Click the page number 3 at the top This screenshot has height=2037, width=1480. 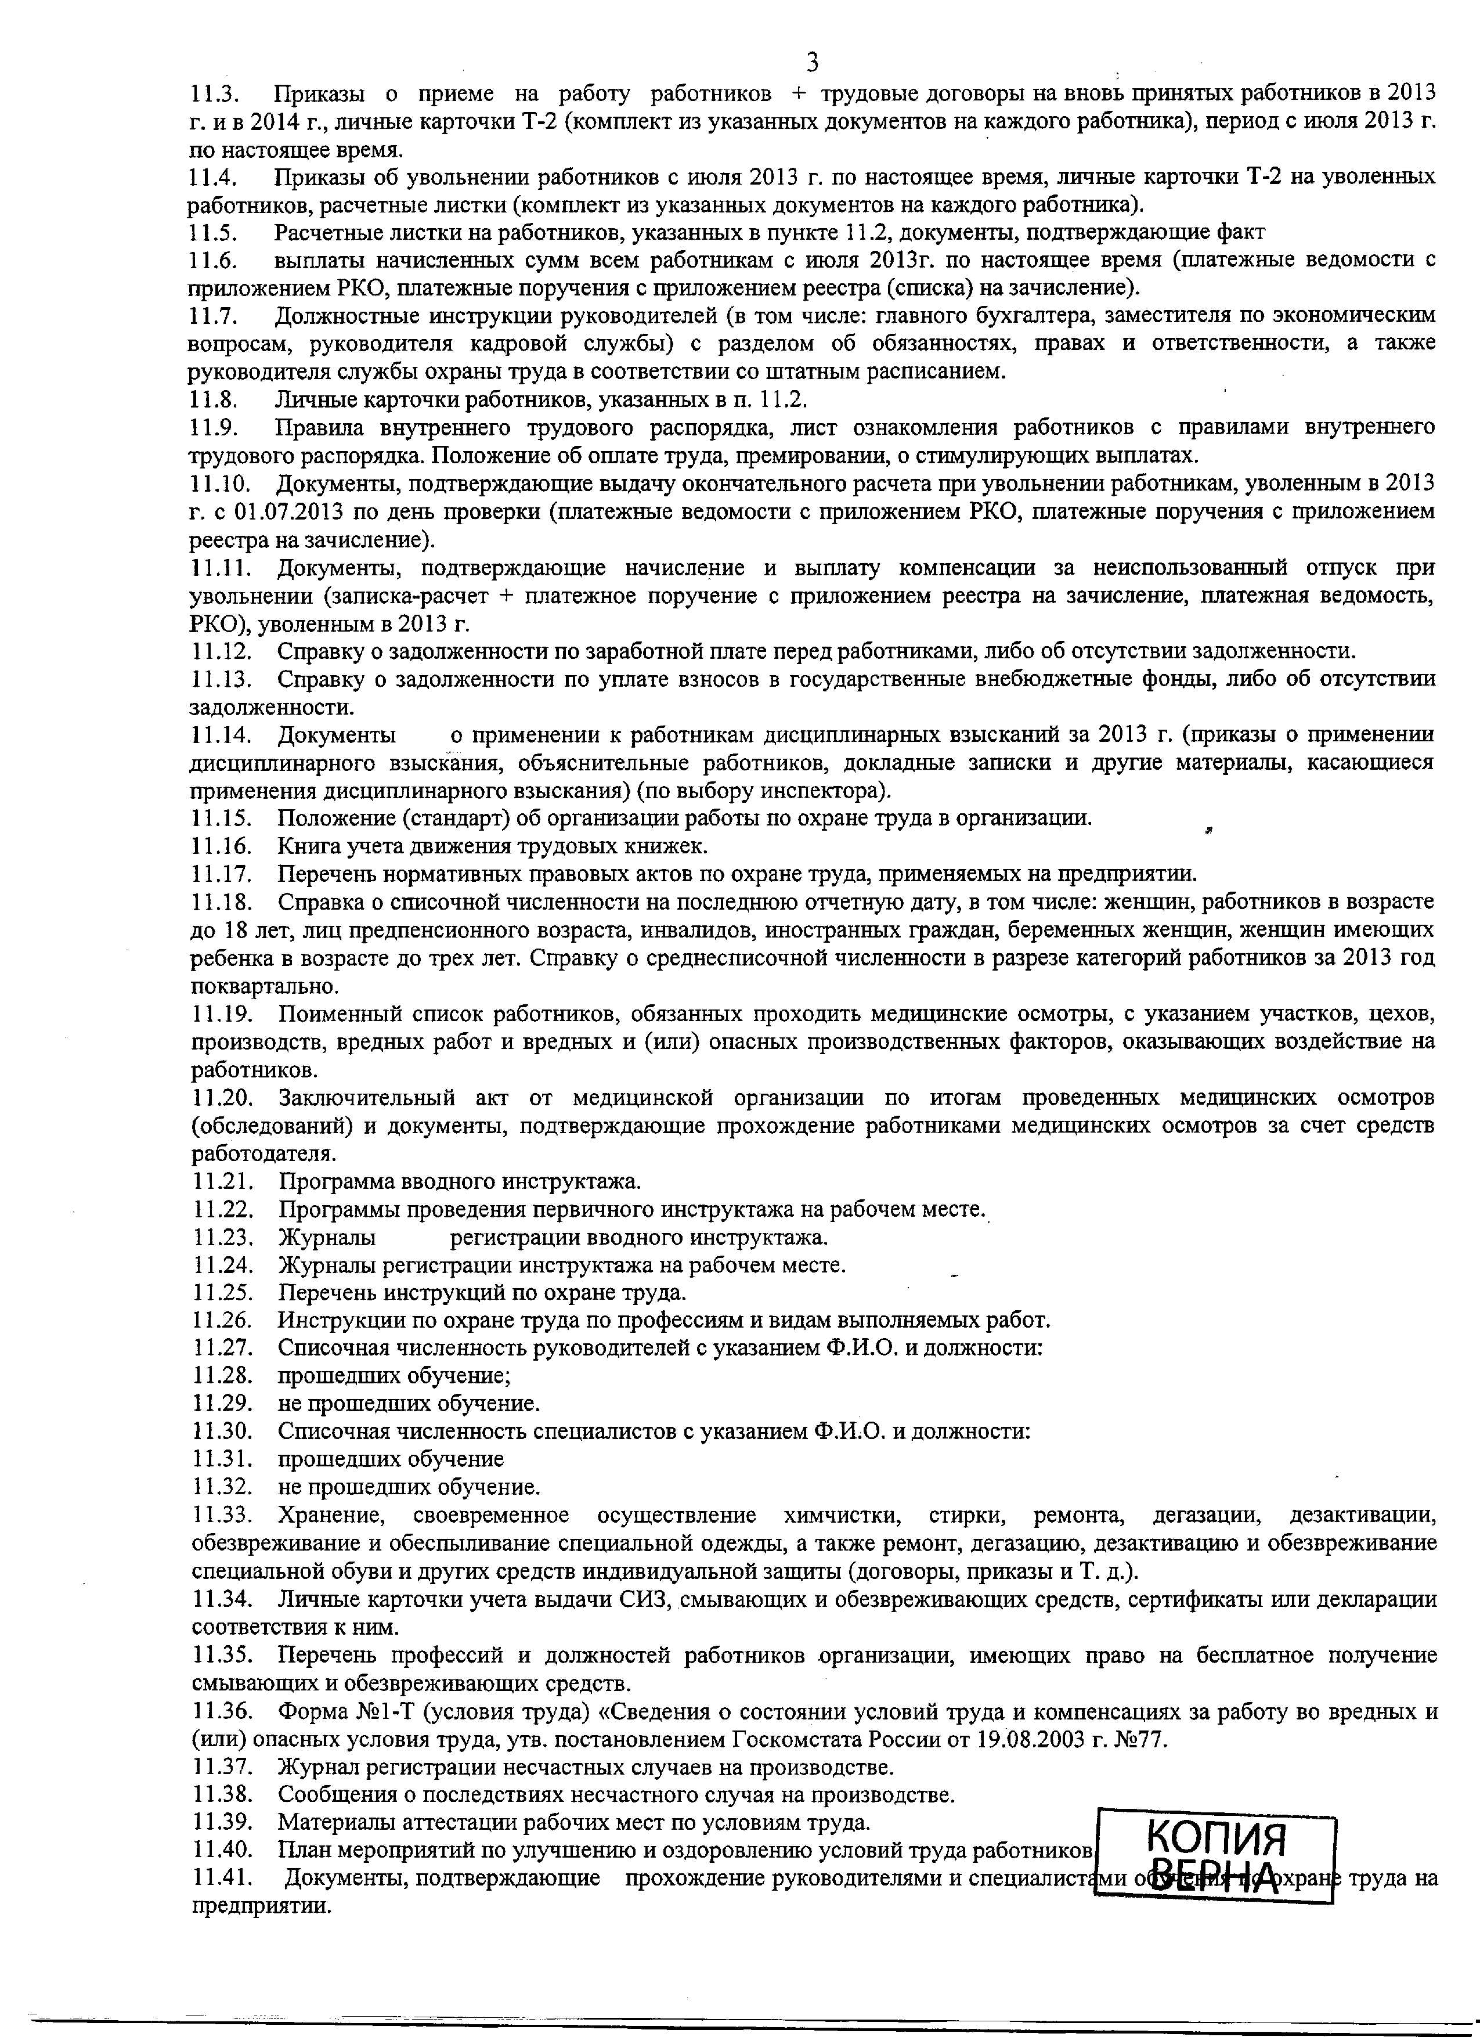(812, 62)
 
